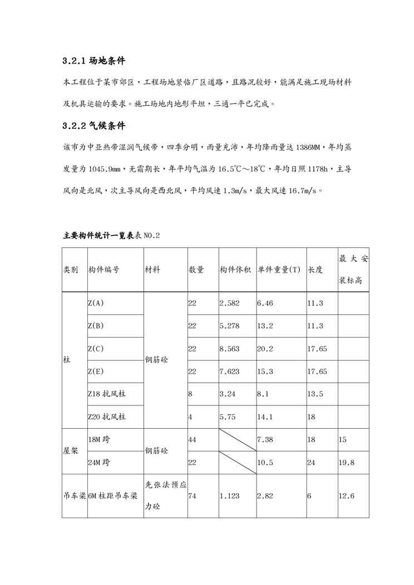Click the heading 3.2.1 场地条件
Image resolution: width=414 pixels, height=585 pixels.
pos(97,61)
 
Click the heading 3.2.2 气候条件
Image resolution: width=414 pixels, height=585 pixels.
pos(97,126)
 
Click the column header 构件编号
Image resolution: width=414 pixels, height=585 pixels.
pos(103,270)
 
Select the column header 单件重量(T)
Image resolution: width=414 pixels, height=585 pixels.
pos(279,270)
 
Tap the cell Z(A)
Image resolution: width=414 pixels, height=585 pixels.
pos(96,303)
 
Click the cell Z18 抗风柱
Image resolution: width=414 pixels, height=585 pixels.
pos(107,394)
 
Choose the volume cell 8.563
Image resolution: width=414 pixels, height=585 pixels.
pos(229,349)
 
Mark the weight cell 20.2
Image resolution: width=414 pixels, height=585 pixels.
pos(265,349)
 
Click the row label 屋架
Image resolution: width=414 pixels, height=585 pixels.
pos(70,451)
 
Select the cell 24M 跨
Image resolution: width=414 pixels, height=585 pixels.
pos(100,462)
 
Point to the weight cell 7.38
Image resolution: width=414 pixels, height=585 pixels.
pos(264,439)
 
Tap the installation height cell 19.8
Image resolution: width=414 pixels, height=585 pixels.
pos(347,462)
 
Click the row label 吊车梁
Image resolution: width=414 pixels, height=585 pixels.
pos(74,496)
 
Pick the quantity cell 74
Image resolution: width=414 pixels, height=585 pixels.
pos(193,496)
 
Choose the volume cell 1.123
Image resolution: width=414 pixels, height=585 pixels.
pos(229,496)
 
